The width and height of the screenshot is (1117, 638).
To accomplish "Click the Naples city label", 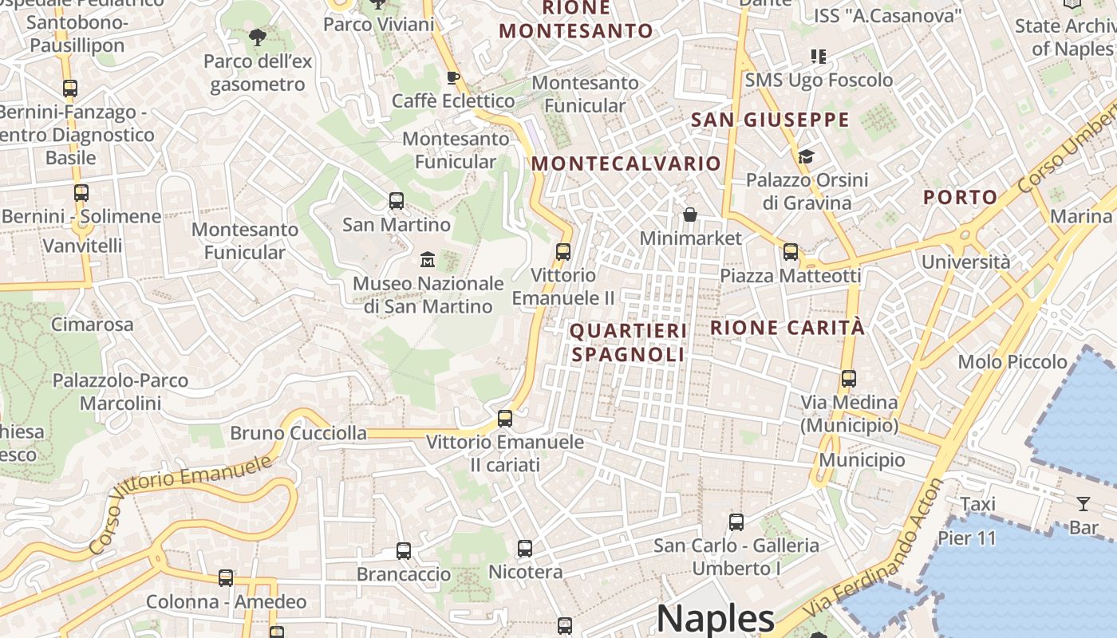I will [715, 619].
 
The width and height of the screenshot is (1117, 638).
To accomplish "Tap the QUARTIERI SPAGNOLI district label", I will [628, 342].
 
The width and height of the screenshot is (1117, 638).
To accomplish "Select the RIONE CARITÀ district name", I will [787, 327].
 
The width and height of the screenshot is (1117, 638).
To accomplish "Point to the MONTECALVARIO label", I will [626, 163].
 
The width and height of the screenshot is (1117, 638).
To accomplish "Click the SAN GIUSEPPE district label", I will [770, 120].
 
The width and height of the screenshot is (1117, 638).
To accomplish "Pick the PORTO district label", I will [961, 197].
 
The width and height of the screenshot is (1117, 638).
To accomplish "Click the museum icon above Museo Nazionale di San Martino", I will [428, 259].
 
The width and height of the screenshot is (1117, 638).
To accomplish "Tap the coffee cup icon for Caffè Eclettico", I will [452, 77].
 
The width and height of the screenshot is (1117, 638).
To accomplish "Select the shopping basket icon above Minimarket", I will [690, 215].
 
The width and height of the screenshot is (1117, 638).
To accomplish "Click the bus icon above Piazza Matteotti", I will [791, 252].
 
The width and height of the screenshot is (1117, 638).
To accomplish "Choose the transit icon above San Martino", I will [397, 201].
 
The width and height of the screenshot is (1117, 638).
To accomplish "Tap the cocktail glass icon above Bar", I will [1083, 503].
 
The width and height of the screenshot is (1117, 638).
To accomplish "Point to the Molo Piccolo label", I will [1012, 362].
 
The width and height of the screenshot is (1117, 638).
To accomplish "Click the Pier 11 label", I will [967, 538].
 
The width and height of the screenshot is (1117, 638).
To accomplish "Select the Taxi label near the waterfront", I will [977, 504].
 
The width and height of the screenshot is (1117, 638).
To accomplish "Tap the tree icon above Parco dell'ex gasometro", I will [257, 37].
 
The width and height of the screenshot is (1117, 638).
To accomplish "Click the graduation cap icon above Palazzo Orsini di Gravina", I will [806, 156].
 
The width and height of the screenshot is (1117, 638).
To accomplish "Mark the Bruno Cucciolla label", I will [298, 433].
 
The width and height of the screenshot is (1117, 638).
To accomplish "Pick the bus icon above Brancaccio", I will [404, 550].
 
